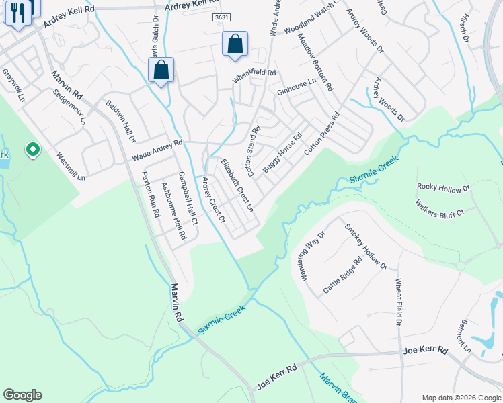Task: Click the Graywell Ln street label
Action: click(x=13, y=84)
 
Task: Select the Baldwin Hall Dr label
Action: click(x=121, y=122)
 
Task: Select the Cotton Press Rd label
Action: click(x=322, y=134)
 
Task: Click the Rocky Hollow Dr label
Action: click(x=443, y=187)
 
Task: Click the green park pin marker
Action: click(x=32, y=150)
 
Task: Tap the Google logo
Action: click(x=22, y=395)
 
